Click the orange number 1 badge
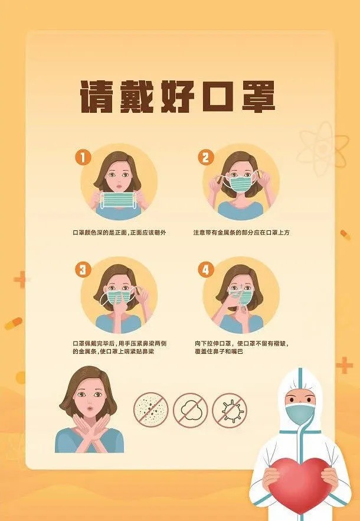coord(83,157)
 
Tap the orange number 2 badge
coord(206,157)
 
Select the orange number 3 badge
coord(83,269)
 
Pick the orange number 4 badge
coord(206,269)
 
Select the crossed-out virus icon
coord(230,411)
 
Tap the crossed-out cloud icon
coord(190,411)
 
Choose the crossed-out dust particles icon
coord(151,411)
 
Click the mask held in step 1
coord(119,200)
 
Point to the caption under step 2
coord(241,233)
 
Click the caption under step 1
coord(119,233)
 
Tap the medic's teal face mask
coord(300,414)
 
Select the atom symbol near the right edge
coord(323,148)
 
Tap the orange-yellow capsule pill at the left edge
coord(14,323)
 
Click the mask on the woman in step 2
coord(242,184)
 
